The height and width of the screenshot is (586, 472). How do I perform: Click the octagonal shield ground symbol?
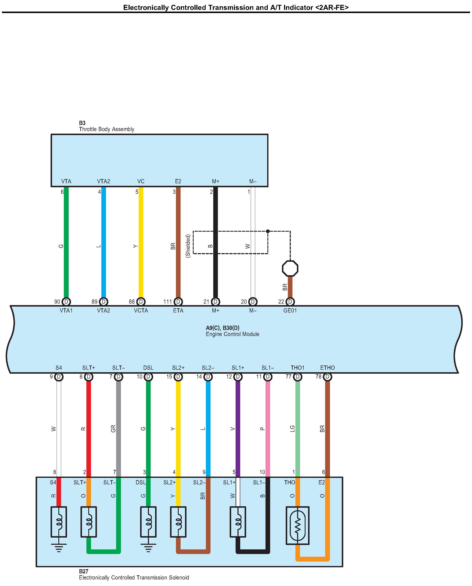coord(290,268)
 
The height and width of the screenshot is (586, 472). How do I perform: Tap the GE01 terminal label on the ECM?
coord(290,310)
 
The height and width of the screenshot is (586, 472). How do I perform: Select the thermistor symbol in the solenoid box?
coord(298,525)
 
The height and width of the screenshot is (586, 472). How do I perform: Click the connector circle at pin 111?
coord(178,302)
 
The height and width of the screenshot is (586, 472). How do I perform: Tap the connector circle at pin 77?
coord(298,377)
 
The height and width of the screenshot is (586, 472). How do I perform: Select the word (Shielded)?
coord(188,246)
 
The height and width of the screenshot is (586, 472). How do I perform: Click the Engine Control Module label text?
coord(232,334)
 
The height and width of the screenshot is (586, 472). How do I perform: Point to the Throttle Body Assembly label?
coord(106,129)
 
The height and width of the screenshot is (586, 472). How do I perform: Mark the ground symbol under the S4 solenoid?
coord(59,547)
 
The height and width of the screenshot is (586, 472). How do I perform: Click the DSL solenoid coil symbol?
coord(148,522)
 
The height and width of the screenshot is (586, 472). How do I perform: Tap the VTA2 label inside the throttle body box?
coord(103,181)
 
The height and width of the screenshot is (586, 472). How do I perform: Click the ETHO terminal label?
coord(327,368)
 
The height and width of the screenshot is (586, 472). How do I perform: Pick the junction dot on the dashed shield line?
coord(268,231)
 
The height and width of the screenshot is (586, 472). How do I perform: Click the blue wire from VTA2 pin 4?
coord(103,245)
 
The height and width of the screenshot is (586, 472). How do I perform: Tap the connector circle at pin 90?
coord(66,302)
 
